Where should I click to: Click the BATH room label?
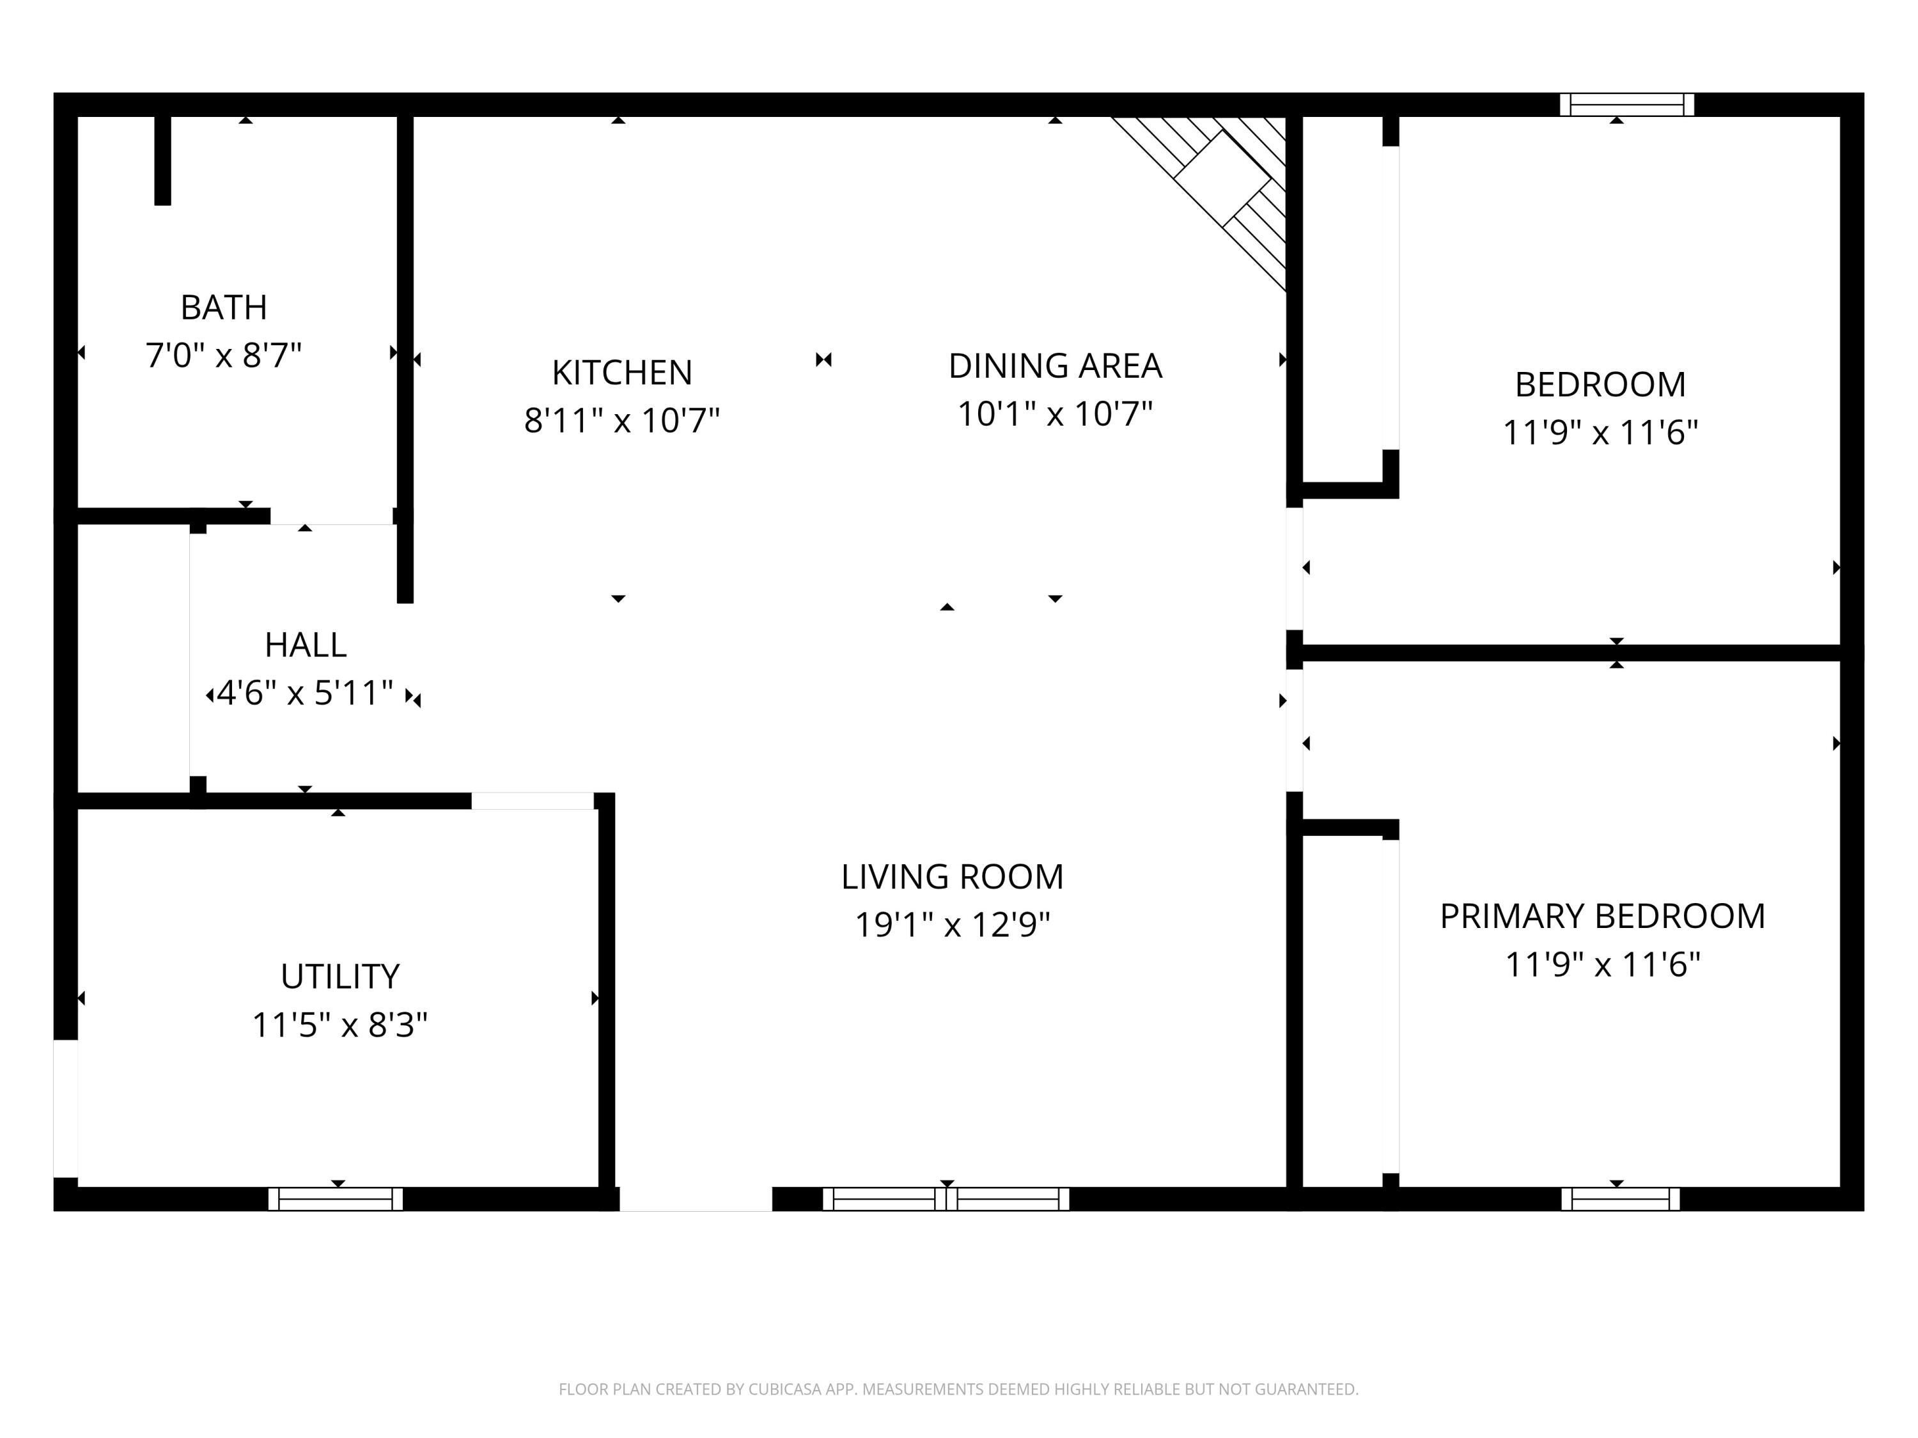coord(224,307)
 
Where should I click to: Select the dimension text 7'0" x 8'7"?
coord(224,355)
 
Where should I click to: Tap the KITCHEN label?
coord(621,373)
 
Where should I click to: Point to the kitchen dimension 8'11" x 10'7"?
coord(621,421)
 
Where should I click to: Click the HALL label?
coord(305,645)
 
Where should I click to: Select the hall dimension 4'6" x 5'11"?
coord(305,693)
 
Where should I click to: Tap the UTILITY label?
coord(340,977)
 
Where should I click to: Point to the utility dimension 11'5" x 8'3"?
coord(340,1025)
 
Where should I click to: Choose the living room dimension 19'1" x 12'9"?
coord(952,925)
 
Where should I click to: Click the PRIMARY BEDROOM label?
coord(1602,916)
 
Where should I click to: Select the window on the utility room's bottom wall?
coord(336,1199)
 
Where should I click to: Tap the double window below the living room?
coord(946,1199)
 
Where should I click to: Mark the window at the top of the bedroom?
coord(1626,105)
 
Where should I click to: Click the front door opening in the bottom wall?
coord(696,1199)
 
